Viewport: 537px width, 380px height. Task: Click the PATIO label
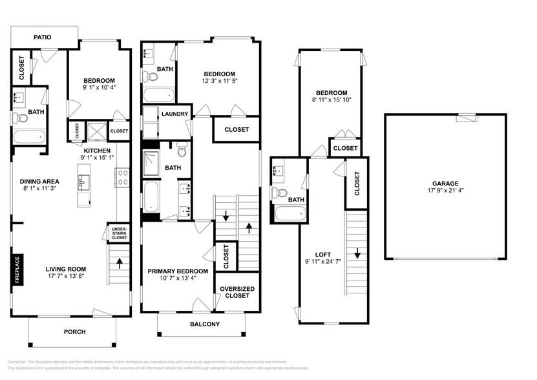43,37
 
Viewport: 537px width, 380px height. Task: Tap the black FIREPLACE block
17,269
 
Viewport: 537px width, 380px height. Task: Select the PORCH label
74,332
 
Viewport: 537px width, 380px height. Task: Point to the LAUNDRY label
174,114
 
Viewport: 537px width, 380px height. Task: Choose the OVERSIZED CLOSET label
237,292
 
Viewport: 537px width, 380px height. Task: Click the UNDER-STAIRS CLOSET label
119,233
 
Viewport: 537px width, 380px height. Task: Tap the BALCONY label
204,324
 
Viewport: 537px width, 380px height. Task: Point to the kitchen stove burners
122,178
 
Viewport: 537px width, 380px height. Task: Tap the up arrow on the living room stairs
119,262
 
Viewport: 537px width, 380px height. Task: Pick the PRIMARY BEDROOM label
178,271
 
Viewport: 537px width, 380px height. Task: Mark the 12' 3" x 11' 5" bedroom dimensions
219,82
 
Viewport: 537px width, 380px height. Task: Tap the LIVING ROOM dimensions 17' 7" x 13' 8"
66,278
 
